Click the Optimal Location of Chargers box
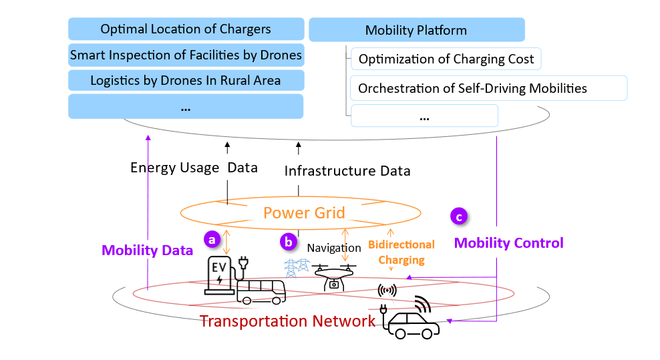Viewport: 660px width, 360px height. [x=186, y=29]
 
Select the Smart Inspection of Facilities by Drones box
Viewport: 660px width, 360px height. [x=186, y=55]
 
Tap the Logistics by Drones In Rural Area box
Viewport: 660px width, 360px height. [x=186, y=81]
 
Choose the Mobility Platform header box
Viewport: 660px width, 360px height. [x=416, y=30]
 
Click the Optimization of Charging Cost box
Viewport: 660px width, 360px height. [x=446, y=59]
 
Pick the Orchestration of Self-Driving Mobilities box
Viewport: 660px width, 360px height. [x=488, y=87]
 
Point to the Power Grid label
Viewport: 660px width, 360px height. [x=304, y=213]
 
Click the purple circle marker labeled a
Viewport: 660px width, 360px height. [x=212, y=238]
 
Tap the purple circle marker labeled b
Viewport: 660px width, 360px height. [x=289, y=242]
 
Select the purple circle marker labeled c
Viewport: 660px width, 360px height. [x=458, y=216]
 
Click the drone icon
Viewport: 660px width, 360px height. [x=333, y=275]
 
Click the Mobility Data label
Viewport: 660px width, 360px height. [x=147, y=250]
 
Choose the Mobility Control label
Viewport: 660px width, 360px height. [x=508, y=243]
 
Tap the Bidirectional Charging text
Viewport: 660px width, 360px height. [x=401, y=252]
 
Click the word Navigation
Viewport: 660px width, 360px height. [x=334, y=248]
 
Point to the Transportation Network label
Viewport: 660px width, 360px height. [x=288, y=321]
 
